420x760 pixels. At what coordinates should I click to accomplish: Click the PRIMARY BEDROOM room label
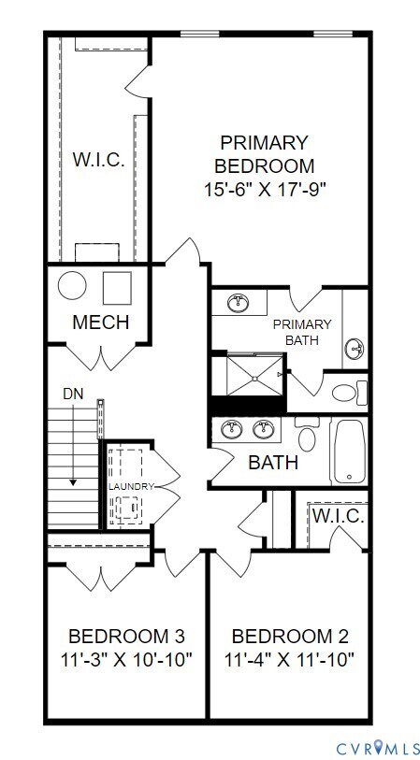coord(263,154)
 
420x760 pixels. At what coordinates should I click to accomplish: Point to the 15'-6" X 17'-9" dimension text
coord(263,188)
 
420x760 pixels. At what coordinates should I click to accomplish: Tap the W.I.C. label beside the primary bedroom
coord(98,159)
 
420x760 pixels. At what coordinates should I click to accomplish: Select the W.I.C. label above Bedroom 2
coord(338,516)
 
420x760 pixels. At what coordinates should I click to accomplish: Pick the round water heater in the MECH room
coord(72,285)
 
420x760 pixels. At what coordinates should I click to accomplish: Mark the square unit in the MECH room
coord(117,287)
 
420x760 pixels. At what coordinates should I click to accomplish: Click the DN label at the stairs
coord(72,394)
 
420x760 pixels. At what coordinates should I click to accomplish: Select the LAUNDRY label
coord(129,487)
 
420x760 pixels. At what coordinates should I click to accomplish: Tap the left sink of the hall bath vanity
coord(231,429)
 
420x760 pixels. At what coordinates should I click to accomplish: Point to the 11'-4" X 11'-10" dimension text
coord(290,659)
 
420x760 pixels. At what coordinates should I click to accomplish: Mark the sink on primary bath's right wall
coord(355,350)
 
